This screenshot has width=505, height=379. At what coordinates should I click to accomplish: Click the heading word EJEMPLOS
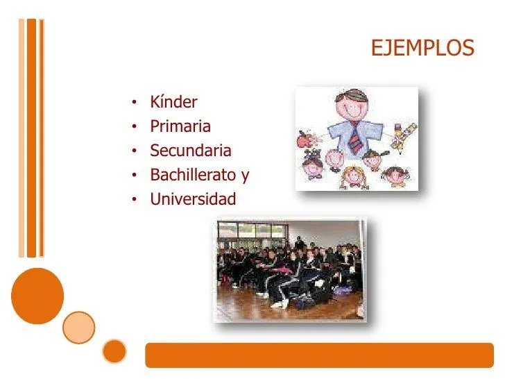(x=422, y=49)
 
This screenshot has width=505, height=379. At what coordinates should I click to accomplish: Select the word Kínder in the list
(x=173, y=103)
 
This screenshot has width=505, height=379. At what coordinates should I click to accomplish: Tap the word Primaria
(x=180, y=127)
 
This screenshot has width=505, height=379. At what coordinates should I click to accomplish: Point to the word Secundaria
(x=191, y=151)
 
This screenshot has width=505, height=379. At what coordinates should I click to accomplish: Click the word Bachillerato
(x=193, y=176)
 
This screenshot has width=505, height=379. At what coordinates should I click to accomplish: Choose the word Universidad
(x=193, y=200)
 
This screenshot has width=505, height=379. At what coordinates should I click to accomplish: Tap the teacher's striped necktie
(x=356, y=139)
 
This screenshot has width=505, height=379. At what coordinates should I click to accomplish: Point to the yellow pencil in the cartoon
(x=404, y=136)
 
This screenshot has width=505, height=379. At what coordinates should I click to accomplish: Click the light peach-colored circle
(x=78, y=327)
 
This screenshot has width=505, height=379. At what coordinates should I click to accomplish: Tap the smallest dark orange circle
(x=115, y=351)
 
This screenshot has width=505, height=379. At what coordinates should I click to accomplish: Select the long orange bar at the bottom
(x=319, y=355)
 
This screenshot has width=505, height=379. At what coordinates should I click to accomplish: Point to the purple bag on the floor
(x=343, y=289)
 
